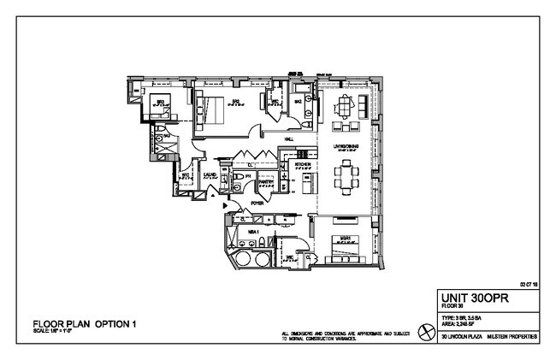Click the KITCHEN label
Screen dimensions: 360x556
(x=303, y=163)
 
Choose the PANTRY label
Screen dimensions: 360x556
(x=266, y=182)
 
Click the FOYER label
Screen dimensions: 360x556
(x=255, y=204)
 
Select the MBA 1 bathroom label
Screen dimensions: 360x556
(x=253, y=230)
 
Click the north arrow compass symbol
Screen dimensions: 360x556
(x=423, y=333)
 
